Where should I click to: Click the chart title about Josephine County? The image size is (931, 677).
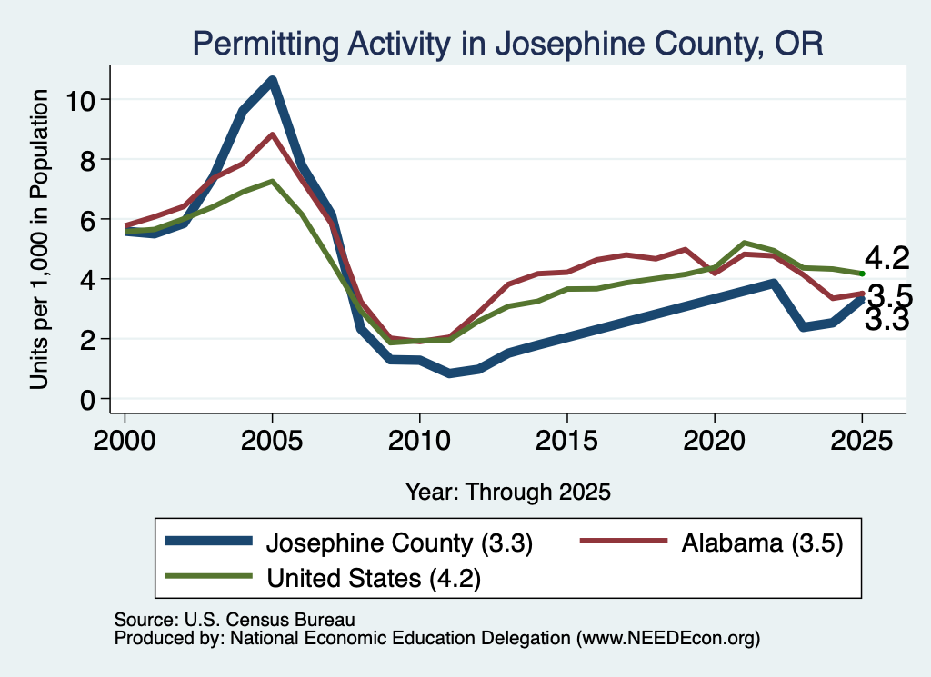tap(507, 44)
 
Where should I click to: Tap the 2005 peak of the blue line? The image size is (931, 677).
tap(272, 80)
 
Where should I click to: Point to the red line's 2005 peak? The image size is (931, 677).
tap(272, 134)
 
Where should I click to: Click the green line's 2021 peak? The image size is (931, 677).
tap(744, 243)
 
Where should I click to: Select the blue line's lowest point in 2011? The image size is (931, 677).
tap(449, 373)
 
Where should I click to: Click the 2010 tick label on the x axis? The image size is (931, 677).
tap(419, 441)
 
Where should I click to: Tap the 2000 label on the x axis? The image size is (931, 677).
tap(125, 441)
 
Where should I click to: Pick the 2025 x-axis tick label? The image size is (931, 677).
tap(862, 441)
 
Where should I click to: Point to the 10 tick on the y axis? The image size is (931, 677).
tap(80, 100)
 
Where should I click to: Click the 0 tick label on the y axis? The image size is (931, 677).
tap(87, 400)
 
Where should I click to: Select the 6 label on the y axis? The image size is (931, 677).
tap(87, 220)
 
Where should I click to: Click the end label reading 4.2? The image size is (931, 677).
tap(887, 258)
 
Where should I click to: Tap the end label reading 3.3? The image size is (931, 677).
tap(887, 319)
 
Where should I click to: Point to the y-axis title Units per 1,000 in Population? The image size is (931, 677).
tap(38, 239)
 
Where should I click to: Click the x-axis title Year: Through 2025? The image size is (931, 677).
tap(507, 492)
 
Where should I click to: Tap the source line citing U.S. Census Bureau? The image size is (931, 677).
tap(235, 620)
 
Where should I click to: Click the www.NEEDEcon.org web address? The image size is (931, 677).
tap(668, 638)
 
